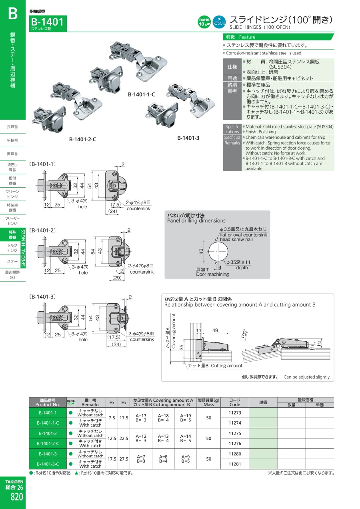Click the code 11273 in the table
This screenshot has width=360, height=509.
(235, 413)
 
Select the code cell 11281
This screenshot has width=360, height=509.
(235, 464)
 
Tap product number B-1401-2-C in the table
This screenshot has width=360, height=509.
(48, 443)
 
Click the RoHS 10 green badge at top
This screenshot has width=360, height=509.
(204, 22)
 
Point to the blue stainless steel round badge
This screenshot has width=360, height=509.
(218, 22)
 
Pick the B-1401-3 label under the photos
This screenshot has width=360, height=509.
(188, 138)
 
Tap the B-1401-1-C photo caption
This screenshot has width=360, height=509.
(141, 94)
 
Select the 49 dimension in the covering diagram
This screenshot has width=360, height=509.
(215, 330)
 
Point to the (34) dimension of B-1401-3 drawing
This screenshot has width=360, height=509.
(116, 344)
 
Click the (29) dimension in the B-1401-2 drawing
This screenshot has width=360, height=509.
(116, 278)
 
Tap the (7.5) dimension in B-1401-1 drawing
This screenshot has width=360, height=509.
(116, 205)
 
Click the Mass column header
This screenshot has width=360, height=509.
(208, 405)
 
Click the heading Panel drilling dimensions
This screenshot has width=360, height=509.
(196, 220)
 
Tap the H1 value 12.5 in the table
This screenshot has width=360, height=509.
(112, 438)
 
